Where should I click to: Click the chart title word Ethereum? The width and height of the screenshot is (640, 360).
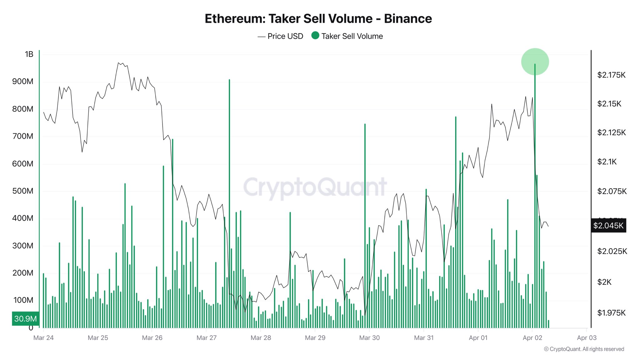tap(234, 19)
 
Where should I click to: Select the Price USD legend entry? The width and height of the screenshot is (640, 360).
tap(280, 36)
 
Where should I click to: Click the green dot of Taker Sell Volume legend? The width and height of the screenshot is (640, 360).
tap(315, 36)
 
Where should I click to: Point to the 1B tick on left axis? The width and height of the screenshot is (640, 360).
tap(29, 54)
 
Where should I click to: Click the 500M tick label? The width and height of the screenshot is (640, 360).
tap(22, 191)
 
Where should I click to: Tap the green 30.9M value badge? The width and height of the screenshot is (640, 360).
tap(26, 319)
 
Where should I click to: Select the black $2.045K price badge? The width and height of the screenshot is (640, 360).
tap(608, 226)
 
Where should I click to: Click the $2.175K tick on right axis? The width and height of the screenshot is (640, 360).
tap(611, 75)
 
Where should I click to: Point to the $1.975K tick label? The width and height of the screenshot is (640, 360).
tap(611, 313)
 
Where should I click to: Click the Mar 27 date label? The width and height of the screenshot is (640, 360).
tap(206, 338)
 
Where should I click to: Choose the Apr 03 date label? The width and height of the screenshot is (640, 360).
tap(587, 338)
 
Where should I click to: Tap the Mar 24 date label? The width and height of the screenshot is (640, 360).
tap(43, 338)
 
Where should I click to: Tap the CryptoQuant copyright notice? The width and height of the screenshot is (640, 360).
tap(584, 349)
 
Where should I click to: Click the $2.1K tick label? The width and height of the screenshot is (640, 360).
tap(607, 162)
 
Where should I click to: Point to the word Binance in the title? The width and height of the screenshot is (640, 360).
tap(408, 19)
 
